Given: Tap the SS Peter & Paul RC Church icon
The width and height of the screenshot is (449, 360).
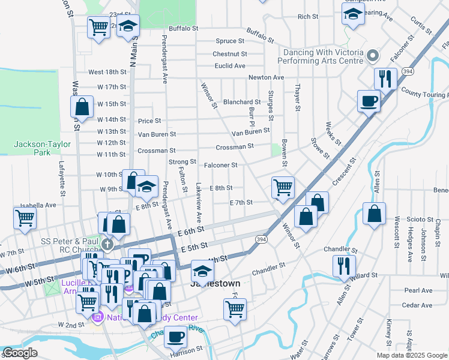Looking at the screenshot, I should pos(107,244).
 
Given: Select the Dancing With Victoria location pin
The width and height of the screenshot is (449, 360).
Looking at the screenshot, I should pos(372,56).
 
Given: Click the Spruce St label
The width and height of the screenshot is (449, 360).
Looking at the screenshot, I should pos(230,41).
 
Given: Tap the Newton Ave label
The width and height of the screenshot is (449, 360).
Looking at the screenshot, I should pos(266,77).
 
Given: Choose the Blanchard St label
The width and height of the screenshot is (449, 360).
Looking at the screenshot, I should pos(242,102).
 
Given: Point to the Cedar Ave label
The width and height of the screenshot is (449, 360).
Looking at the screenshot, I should pos(418,305).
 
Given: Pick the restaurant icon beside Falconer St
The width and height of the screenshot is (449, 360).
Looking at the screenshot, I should pos(383,78).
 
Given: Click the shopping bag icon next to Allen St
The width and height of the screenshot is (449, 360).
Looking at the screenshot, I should pos(374,213).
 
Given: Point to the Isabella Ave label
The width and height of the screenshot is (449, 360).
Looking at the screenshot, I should pos(38,205).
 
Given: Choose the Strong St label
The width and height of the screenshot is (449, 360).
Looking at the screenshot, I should pos(182,161).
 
